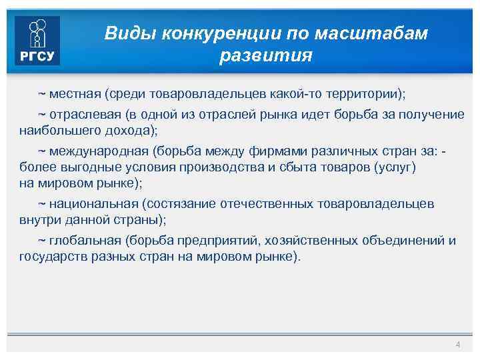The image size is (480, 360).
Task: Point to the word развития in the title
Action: pos(265,55)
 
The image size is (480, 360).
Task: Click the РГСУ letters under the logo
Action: pos(37,56)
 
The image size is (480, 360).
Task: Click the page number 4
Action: pos(457,344)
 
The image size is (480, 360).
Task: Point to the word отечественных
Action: pos(263,203)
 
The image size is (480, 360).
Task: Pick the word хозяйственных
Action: pos(313,240)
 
